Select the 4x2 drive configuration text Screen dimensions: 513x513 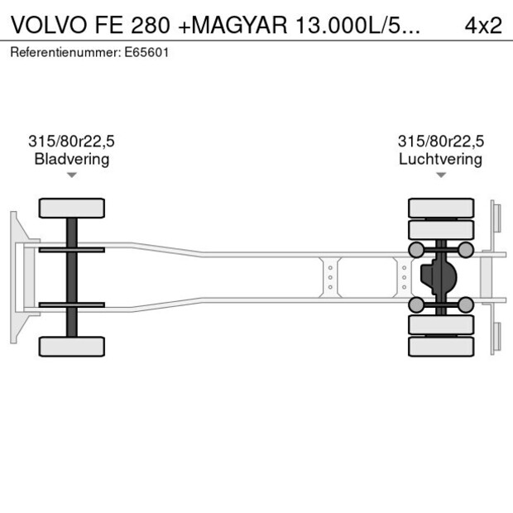[483, 25]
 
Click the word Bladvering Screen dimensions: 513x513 [72, 159]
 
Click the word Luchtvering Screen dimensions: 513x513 [440, 159]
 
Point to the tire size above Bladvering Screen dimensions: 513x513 [72, 141]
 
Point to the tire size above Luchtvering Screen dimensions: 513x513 [440, 141]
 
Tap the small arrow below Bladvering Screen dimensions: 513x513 [72, 175]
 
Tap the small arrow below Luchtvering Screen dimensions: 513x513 [440, 175]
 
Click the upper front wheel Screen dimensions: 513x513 [72, 208]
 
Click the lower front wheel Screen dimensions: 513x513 [72, 346]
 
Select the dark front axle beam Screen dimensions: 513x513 [72, 277]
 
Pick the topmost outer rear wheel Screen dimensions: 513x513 [441, 207]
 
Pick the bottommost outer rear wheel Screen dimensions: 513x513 [441, 347]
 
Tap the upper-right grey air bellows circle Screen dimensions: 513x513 [466, 250]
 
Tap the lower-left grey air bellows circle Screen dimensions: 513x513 [416, 305]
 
